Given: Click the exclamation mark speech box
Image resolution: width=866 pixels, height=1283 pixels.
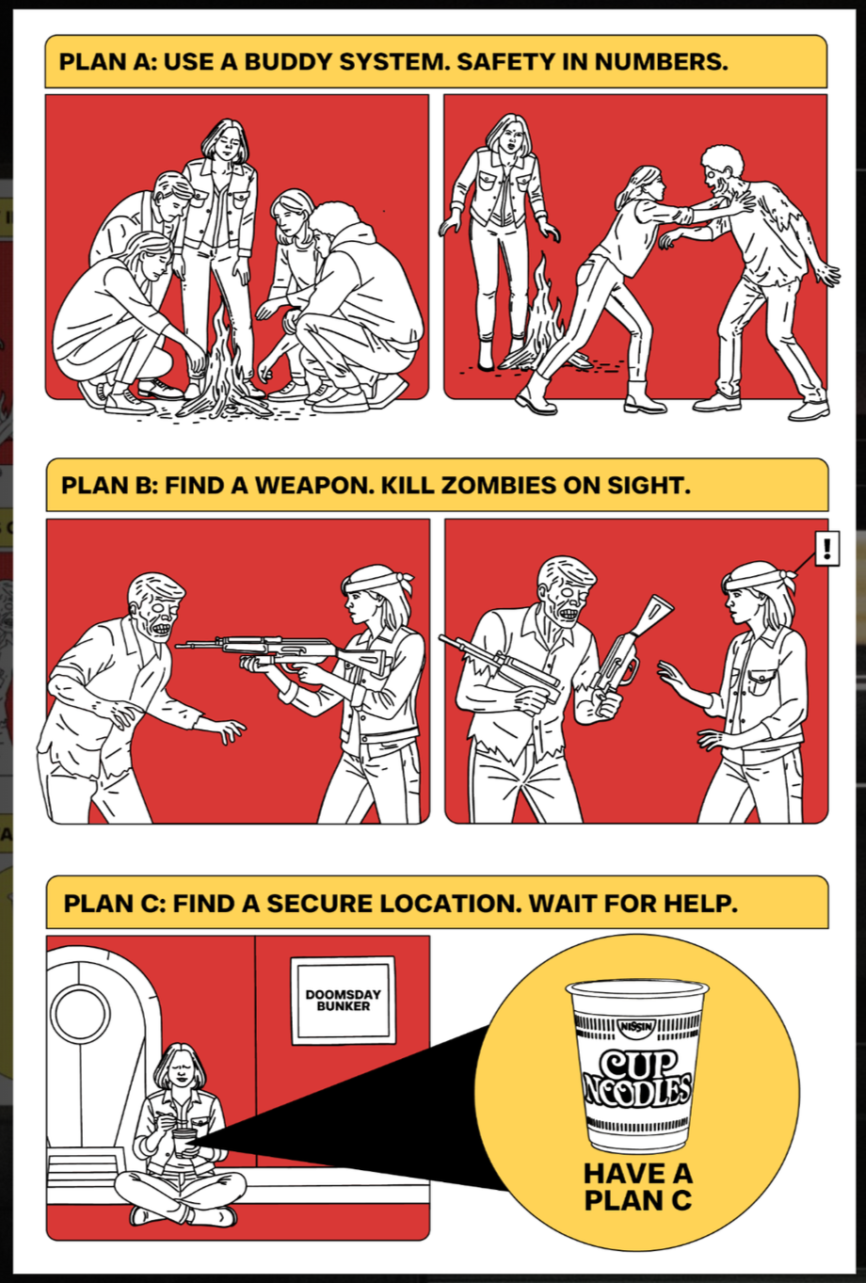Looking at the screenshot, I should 826,548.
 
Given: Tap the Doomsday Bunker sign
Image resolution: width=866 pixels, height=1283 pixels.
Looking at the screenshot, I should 344,1000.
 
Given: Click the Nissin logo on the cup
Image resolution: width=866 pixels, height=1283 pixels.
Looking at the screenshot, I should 637,1025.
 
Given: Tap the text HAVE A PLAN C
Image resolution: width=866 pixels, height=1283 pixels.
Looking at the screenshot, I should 637,1187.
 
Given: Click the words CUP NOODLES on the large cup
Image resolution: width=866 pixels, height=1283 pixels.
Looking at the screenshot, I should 637,1078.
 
